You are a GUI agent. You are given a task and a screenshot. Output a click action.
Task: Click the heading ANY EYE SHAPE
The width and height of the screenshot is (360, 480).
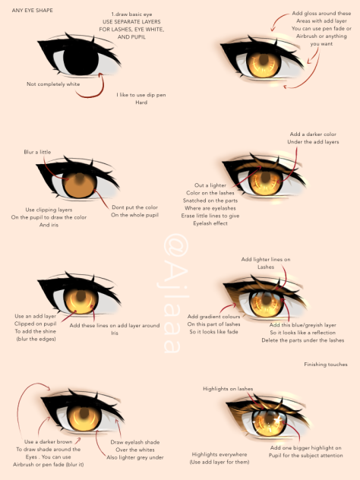click(x=32, y=10)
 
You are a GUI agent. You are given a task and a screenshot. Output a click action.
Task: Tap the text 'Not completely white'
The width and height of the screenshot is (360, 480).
click(x=53, y=84)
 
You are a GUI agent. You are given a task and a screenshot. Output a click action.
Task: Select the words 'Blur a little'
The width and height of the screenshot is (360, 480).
click(x=37, y=152)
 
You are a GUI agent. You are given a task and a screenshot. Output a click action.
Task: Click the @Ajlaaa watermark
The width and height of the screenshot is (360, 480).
click(x=175, y=294)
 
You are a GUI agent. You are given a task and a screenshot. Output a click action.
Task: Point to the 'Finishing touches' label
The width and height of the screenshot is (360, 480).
click(x=326, y=365)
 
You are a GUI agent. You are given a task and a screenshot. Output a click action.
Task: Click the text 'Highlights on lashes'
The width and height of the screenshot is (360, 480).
click(x=228, y=388)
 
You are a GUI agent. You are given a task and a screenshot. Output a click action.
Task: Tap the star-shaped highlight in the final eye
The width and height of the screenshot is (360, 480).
click(x=278, y=420)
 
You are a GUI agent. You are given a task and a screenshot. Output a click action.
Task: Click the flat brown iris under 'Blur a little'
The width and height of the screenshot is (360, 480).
click(x=80, y=185)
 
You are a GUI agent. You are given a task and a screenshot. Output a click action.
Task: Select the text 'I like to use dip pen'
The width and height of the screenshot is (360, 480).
click(x=141, y=95)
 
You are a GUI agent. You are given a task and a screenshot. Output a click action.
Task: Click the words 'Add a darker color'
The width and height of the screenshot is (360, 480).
click(x=313, y=134)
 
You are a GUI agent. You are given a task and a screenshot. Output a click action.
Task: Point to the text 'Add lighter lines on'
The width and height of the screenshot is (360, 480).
click(x=266, y=259)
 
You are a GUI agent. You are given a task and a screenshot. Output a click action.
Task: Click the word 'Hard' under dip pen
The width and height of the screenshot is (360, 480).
click(x=141, y=103)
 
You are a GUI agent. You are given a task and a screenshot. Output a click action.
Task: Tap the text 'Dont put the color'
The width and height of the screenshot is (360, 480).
click(x=134, y=207)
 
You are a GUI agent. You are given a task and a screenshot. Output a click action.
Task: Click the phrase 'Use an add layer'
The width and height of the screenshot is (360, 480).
click(x=36, y=316)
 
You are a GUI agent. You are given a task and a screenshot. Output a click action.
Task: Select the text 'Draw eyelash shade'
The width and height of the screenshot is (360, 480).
click(x=135, y=442)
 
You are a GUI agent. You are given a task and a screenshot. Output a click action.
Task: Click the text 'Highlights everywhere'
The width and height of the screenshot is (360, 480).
click(x=219, y=454)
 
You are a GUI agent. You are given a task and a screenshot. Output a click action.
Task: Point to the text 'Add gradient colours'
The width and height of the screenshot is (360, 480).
click(x=213, y=316)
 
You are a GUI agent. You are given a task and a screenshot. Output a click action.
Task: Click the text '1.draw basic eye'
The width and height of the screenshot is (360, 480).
click(x=131, y=14)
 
